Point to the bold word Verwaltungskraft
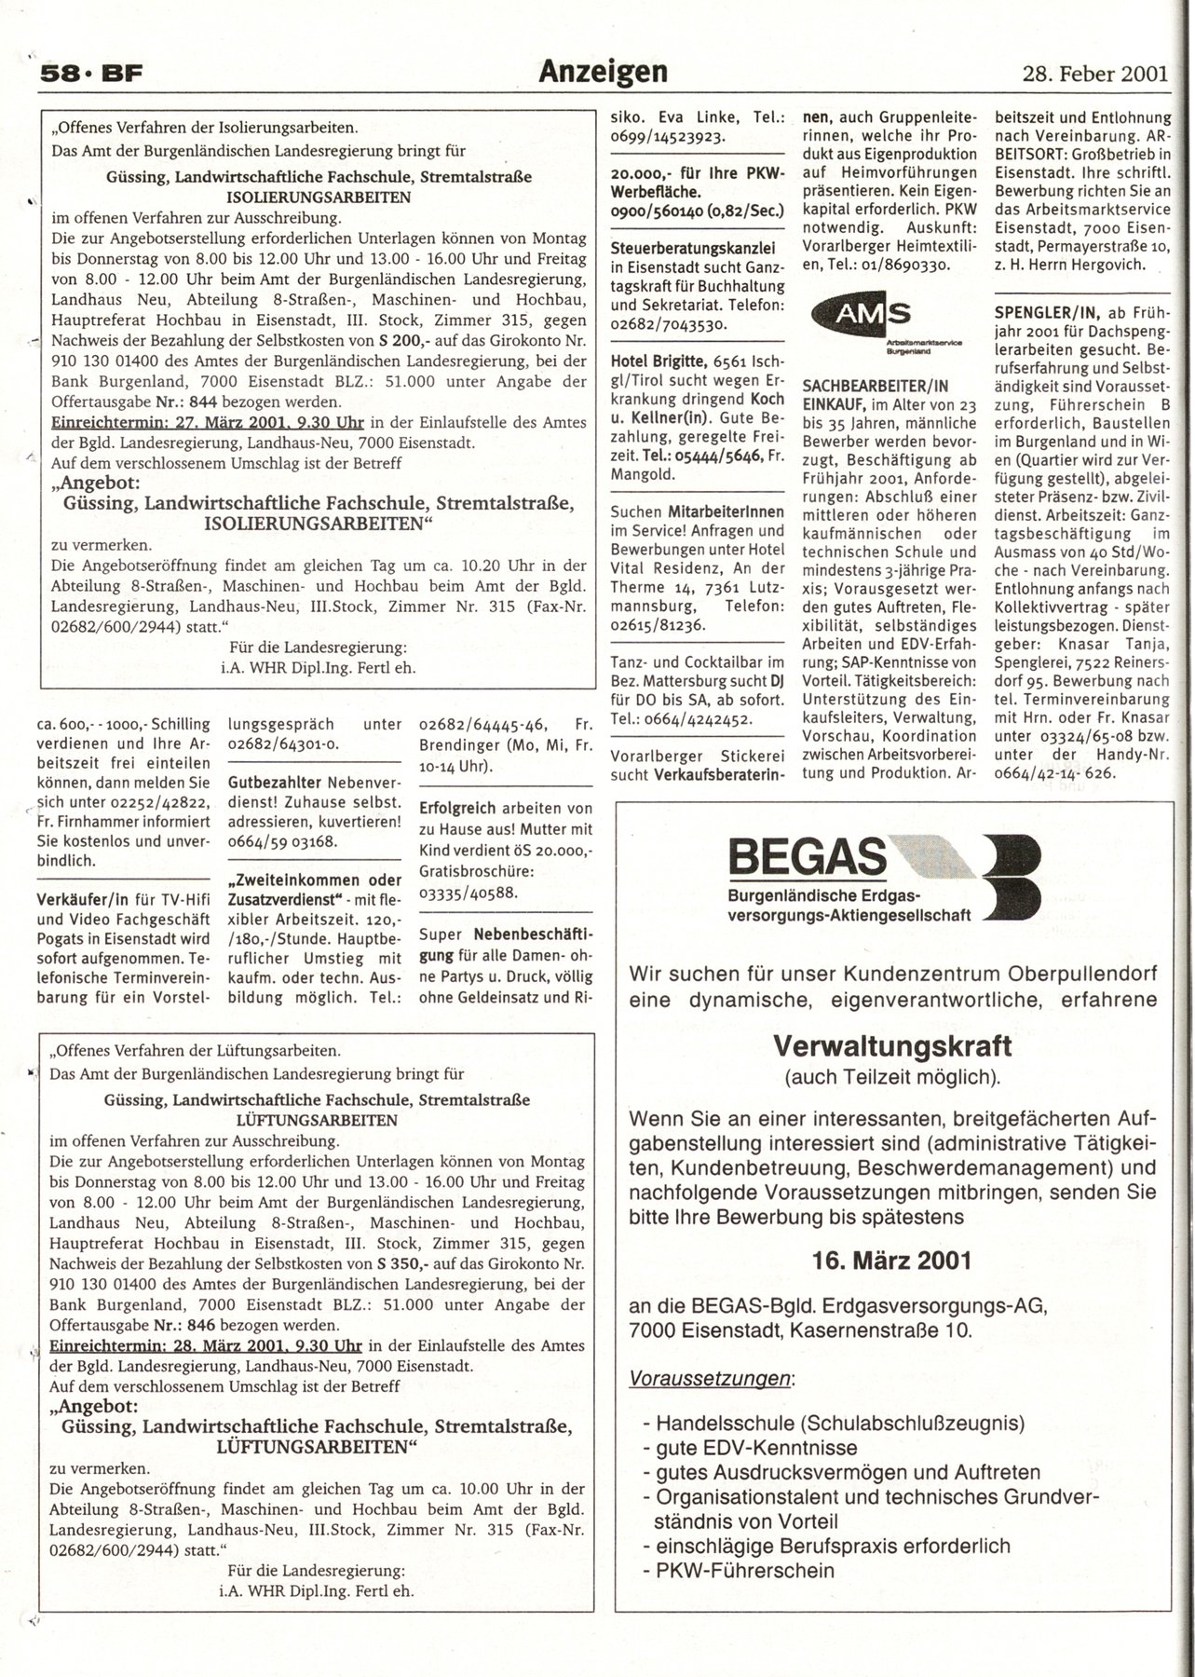tap(892, 1044)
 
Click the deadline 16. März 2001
tap(892, 1261)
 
